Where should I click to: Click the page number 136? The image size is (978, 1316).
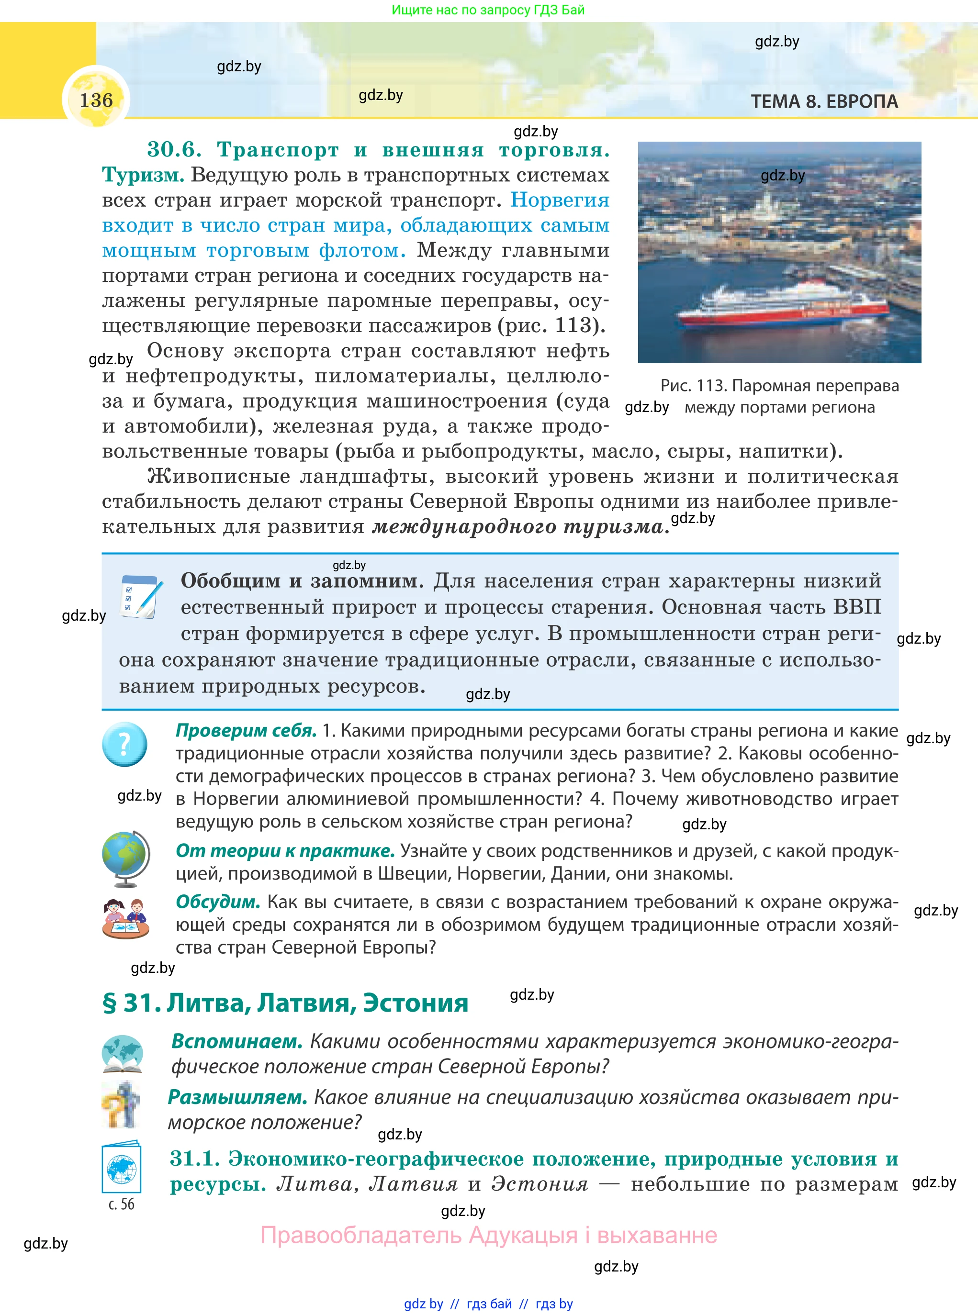tap(96, 100)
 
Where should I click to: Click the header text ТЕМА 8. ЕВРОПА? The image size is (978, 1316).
tap(824, 102)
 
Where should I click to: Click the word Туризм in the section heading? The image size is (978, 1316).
tap(143, 175)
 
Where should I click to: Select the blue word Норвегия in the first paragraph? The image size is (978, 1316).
tap(560, 200)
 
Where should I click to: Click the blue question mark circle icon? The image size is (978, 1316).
tap(124, 745)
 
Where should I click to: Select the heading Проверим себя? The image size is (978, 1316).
tap(246, 731)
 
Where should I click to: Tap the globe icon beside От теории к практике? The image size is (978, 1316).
tap(125, 858)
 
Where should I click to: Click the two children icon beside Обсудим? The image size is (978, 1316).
tap(125, 918)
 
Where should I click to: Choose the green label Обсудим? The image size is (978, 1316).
tap(218, 902)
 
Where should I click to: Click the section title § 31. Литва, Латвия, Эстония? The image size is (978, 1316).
tap(285, 1003)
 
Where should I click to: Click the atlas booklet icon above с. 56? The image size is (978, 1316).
tap(122, 1168)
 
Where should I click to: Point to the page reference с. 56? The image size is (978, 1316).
tap(122, 1204)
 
